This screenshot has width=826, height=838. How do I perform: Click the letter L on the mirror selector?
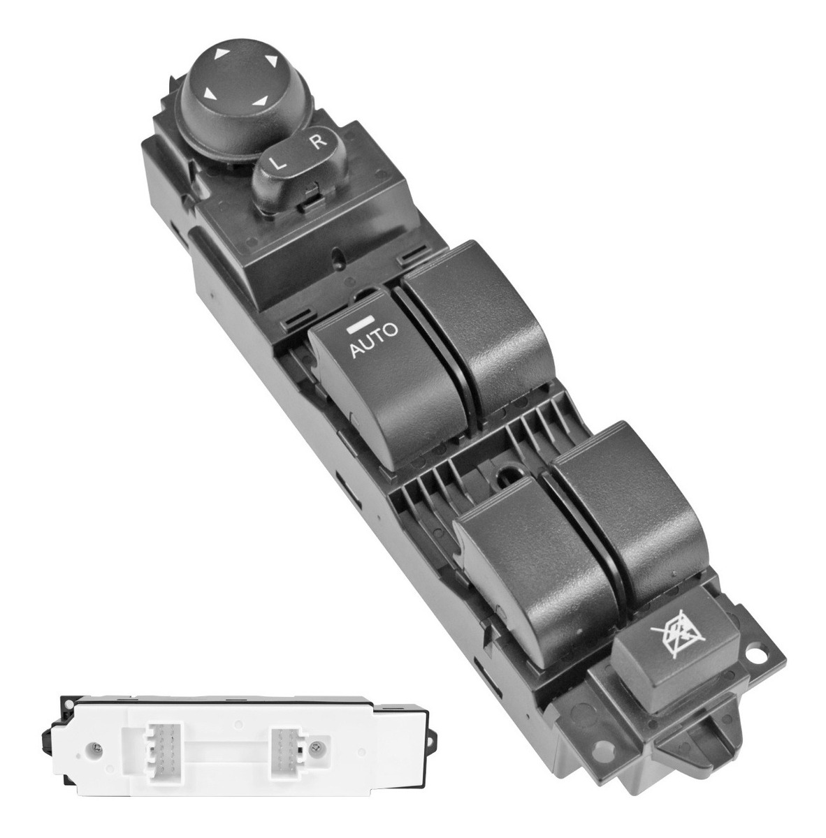point(277,164)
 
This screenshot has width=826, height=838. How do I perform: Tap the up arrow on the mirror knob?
point(222,54)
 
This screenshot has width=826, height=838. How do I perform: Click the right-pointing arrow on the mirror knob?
point(271,61)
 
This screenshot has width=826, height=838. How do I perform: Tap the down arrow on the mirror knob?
point(261,102)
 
